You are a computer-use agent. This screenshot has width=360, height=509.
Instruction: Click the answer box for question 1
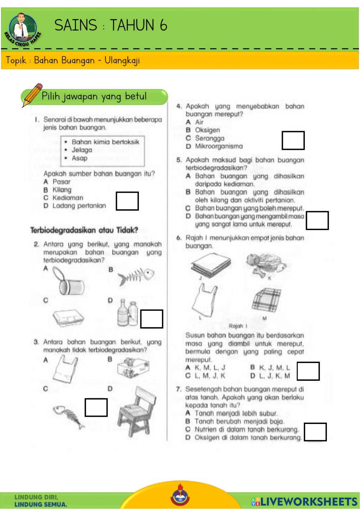coord(127,201)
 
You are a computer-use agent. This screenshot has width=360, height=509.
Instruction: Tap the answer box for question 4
coord(293,140)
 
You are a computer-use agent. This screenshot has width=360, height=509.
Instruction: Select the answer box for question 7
coord(315,432)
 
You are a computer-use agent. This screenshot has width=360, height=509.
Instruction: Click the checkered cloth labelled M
coord(266,300)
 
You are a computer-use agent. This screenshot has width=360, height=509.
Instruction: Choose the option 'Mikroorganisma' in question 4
coord(219,146)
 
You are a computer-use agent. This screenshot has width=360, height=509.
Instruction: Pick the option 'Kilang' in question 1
coord(62,190)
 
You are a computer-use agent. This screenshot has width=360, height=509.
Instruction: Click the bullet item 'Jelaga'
coord(82,150)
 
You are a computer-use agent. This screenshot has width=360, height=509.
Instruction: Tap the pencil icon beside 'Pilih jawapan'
coord(32,95)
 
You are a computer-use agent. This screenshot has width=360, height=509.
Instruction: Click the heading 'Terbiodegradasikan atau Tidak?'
coord(84,230)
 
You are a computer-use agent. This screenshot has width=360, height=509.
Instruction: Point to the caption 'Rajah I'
coord(238,326)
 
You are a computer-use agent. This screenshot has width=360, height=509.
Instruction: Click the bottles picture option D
coord(128,313)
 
